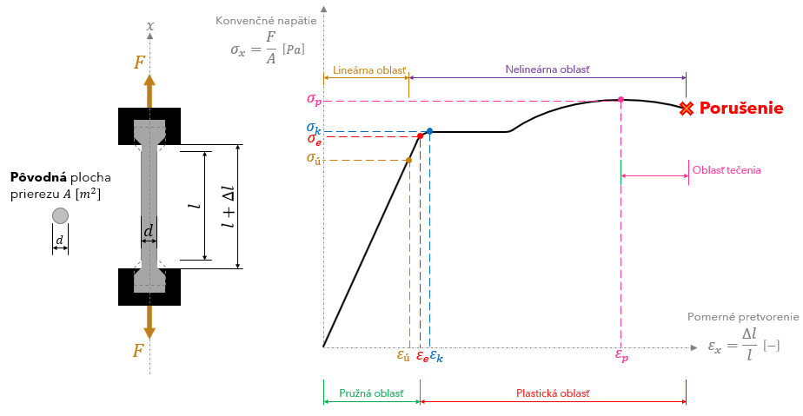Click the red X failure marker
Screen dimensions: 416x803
pyautogui.click(x=687, y=109)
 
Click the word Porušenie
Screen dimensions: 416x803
pyautogui.click(x=741, y=109)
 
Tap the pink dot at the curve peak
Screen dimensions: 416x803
pyautogui.click(x=620, y=100)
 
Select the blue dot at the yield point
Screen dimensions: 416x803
pyautogui.click(x=429, y=131)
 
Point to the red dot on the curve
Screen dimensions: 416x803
pyautogui.click(x=420, y=136)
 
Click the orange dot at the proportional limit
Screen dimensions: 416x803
pyautogui.click(x=409, y=160)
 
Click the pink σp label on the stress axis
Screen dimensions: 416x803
pyautogui.click(x=314, y=99)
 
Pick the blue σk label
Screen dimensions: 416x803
pyautogui.click(x=314, y=128)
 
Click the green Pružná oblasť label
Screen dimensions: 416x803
pyautogui.click(x=371, y=393)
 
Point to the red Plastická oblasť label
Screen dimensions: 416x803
pyautogui.click(x=553, y=393)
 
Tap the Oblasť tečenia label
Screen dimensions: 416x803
pyautogui.click(x=727, y=170)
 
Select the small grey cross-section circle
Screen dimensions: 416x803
pyautogui.click(x=60, y=215)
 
